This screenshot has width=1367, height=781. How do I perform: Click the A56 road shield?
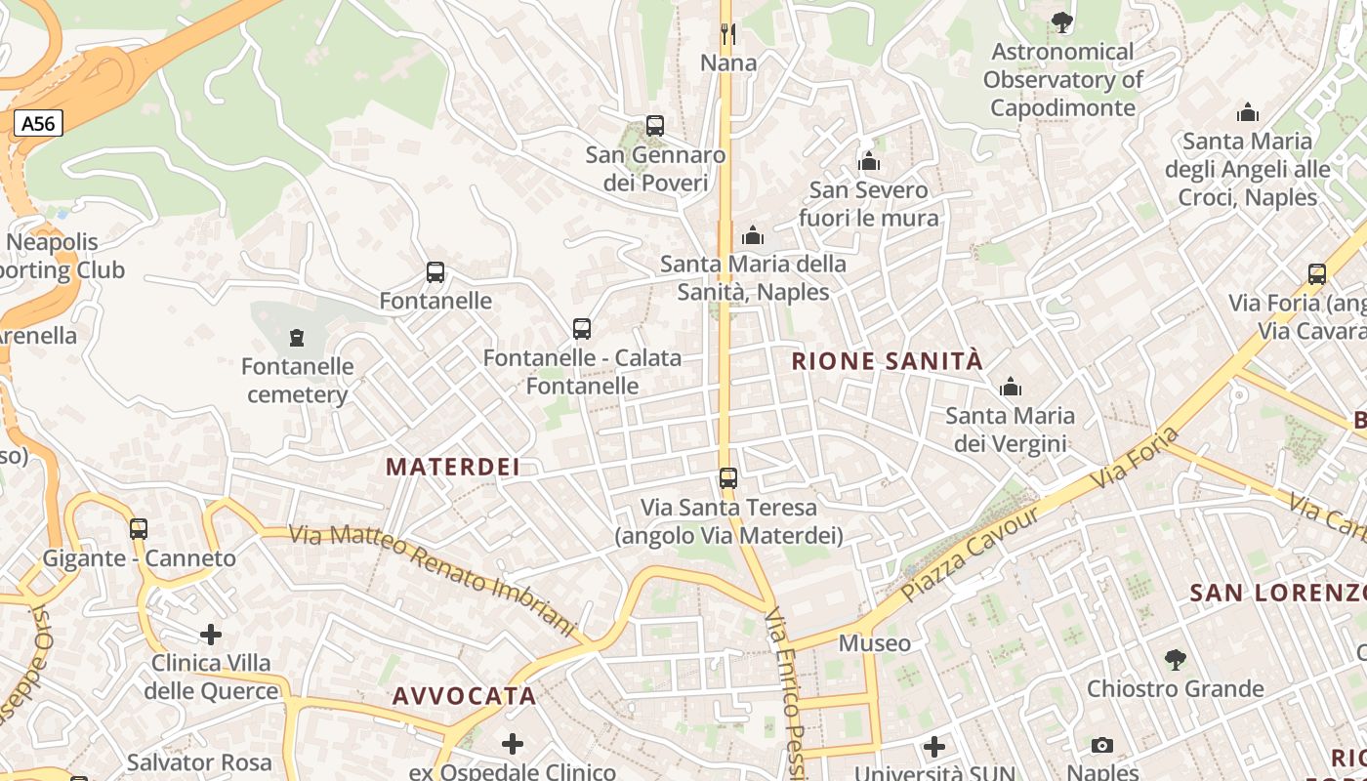39,123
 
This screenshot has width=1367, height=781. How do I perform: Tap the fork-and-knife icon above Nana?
727,34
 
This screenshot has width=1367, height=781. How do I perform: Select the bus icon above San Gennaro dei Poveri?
655,126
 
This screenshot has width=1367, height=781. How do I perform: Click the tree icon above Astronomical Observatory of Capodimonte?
1061,21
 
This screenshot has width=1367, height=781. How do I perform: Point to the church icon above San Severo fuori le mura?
869,161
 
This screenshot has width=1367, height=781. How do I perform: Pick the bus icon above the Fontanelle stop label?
435,272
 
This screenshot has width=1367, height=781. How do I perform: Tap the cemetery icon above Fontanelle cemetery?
297,339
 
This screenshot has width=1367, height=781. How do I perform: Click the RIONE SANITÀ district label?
887,361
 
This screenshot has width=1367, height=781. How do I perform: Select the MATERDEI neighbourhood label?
453,467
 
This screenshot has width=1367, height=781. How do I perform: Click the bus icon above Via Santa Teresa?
728,478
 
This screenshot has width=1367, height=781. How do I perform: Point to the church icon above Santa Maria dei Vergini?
1011,388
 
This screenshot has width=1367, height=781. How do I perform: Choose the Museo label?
875,643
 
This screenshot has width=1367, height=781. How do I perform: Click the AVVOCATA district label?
465,696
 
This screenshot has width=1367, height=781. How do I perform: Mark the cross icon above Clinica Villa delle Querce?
211,635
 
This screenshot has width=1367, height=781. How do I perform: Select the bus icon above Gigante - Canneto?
139,529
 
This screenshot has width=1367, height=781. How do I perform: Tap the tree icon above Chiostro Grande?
1176,660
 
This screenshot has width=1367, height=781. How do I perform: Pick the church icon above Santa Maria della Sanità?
753,235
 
